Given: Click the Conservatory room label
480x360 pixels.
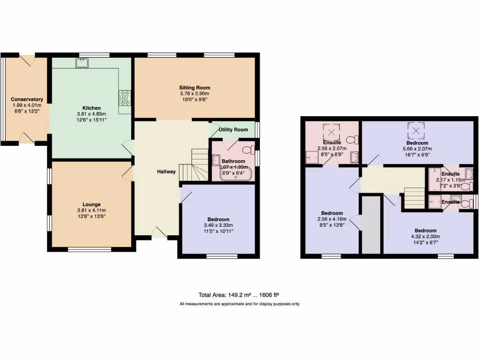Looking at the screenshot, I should (x=27, y=99).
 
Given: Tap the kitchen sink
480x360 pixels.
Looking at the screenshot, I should (x=82, y=63).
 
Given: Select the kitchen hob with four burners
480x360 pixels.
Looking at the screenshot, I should (x=125, y=98).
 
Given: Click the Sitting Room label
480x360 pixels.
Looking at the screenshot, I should (x=195, y=88).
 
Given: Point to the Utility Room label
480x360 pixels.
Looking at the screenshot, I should (x=233, y=129).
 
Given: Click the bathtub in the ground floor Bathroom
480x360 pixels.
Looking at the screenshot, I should (x=236, y=174).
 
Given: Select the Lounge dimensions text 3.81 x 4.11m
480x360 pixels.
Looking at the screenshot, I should (x=91, y=210).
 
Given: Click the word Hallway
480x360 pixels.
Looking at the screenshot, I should (x=166, y=172).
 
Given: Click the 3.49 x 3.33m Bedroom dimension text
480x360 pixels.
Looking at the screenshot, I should (x=218, y=225).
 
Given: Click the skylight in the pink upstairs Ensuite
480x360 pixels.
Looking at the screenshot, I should (x=332, y=131).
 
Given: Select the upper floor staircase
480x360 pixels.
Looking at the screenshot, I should (x=414, y=197).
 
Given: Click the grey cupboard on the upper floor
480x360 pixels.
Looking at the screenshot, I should (x=371, y=225).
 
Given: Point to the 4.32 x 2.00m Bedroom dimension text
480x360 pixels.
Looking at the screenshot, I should (x=425, y=237).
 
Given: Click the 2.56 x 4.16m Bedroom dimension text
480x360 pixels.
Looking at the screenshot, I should (x=332, y=219).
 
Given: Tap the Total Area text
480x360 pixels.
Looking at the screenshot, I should (x=239, y=295).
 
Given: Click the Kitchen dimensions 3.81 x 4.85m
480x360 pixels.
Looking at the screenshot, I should (x=91, y=114).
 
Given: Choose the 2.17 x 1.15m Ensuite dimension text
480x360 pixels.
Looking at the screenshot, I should (x=450, y=180).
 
